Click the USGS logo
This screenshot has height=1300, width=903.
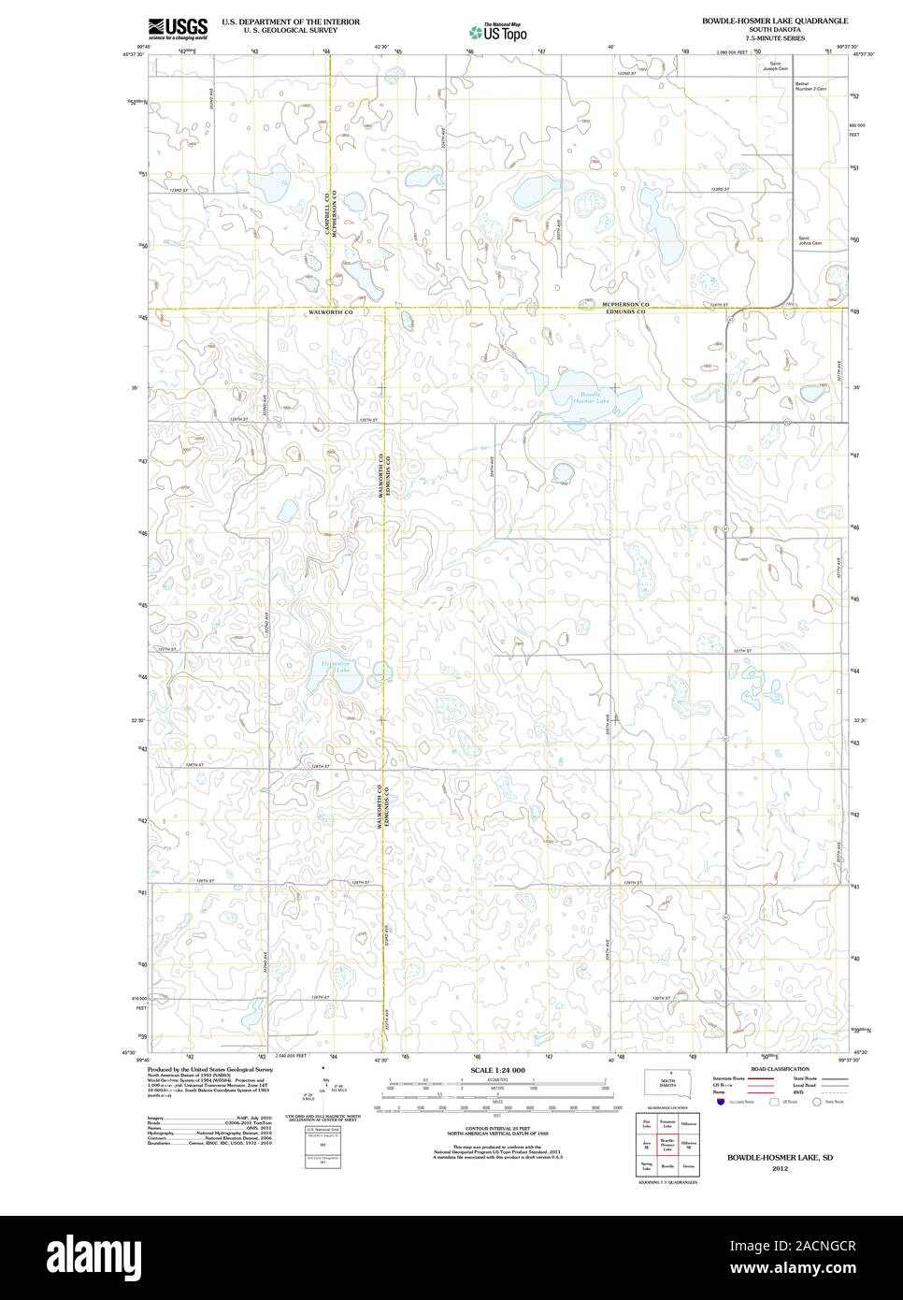(x=178, y=28)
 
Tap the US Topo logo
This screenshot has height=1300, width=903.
(x=497, y=31)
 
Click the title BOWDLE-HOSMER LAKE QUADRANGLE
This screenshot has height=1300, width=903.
(x=775, y=20)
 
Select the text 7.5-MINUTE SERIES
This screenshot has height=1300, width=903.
(x=775, y=38)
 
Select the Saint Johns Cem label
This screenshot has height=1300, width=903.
(x=810, y=242)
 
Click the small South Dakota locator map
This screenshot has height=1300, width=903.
(x=668, y=1083)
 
